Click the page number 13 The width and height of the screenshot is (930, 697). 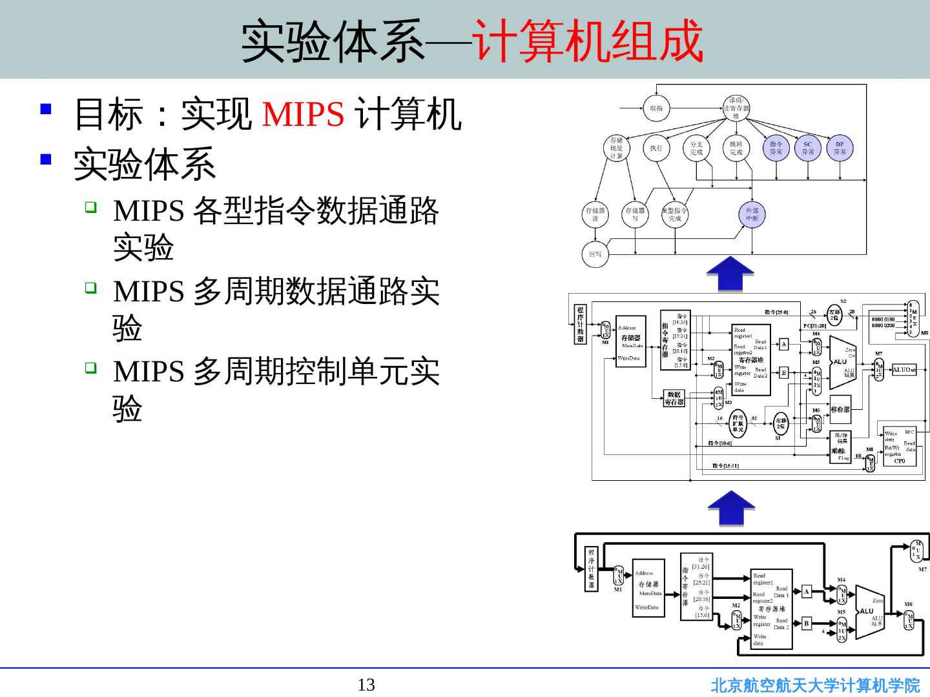[366, 685]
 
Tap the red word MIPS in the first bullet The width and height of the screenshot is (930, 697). [303, 114]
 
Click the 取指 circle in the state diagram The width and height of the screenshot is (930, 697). [656, 108]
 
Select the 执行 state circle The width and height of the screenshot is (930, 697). [656, 148]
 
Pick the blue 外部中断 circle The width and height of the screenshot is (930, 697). [752, 214]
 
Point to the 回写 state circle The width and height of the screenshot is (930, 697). [595, 254]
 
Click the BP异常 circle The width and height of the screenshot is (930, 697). [840, 148]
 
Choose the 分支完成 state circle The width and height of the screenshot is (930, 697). [696, 148]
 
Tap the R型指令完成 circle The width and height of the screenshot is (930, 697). [675, 214]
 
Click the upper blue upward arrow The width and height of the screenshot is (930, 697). [730, 274]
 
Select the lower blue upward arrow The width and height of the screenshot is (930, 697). [730, 509]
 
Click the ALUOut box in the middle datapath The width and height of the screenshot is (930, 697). [904, 370]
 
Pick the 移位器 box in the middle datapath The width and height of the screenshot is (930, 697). [840, 409]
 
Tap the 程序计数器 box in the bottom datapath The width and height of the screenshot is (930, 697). [592, 569]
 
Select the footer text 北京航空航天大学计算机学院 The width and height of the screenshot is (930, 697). [815, 685]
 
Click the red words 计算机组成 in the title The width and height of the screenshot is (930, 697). [588, 41]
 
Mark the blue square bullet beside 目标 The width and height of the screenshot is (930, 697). [45, 108]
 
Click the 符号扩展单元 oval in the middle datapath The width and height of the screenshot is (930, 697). [737, 423]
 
